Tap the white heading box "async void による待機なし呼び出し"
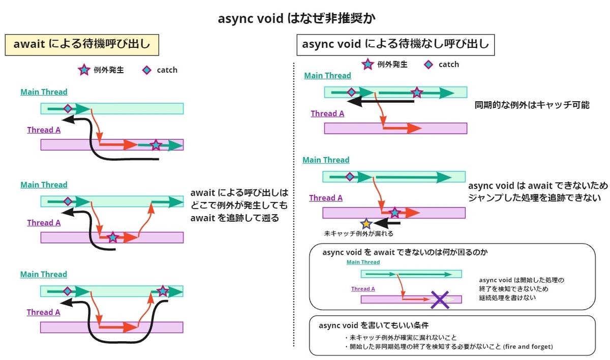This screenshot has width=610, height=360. [395, 44]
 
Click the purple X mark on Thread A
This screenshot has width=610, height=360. [440, 299]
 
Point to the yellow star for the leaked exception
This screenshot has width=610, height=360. [366, 223]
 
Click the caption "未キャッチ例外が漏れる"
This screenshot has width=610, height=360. [359, 234]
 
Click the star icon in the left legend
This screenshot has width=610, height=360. [84, 70]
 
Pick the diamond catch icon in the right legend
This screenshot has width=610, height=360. [429, 65]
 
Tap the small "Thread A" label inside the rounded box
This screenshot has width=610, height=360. [363, 289]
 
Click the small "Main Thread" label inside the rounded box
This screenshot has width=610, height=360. [363, 262]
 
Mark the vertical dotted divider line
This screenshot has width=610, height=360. [294, 203]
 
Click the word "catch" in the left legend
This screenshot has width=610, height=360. [167, 70]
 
